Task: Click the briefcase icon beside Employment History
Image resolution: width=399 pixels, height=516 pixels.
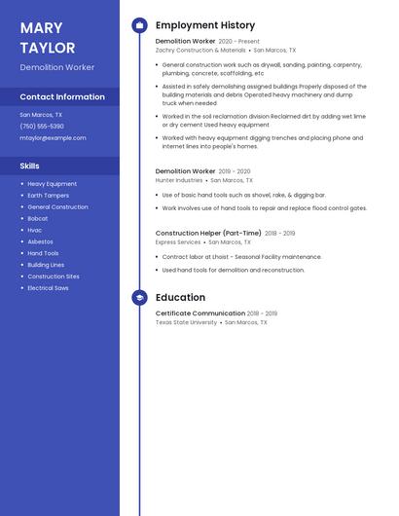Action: coord(139,25)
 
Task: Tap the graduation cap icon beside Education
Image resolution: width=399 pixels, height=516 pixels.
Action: coord(139,298)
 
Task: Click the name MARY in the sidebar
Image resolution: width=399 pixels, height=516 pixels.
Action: coord(41,28)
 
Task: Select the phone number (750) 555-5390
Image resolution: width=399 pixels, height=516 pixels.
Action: coord(42,127)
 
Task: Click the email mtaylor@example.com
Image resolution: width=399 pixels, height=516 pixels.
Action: coord(53,138)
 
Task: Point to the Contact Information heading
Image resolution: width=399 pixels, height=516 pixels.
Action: coord(62,97)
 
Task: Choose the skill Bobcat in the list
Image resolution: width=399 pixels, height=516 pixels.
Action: coord(37,218)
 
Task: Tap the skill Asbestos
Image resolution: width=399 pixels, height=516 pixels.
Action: coord(40,241)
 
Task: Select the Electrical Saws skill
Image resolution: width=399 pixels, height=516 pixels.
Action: coord(48,288)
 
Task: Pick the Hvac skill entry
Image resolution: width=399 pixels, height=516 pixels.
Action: coord(34,230)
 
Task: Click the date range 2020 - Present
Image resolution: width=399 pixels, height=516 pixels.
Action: coord(239,42)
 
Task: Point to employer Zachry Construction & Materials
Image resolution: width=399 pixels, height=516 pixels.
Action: coord(200,50)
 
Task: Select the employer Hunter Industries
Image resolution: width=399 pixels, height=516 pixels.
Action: coord(179,180)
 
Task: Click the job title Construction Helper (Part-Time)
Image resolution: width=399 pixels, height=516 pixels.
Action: coord(208,234)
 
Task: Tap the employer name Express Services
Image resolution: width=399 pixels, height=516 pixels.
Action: coord(178,242)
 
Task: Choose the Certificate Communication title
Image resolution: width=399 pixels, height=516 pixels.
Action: coord(199,313)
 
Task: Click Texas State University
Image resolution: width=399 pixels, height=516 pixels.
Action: coord(186,322)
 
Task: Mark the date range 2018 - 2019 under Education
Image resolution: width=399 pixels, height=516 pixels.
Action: coord(263,313)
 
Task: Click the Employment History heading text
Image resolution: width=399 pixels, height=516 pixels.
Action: coord(205,25)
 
